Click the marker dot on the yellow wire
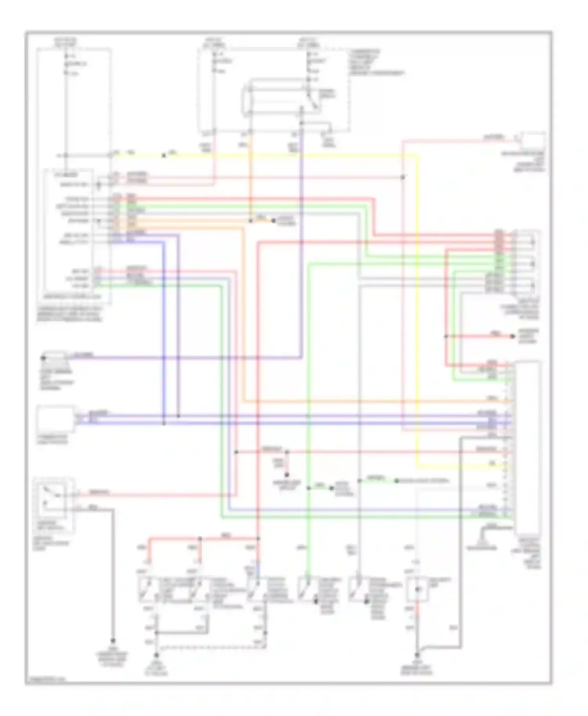pyautogui.click(x=163, y=156)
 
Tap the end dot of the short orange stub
pyautogui.click(x=273, y=221)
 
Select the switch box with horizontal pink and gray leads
pyautogui.click(x=54, y=505)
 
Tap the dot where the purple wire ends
pyautogui.click(x=44, y=358)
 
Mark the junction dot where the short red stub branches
pyautogui.click(x=446, y=336)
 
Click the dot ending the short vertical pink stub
pyautogui.click(x=287, y=474)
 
